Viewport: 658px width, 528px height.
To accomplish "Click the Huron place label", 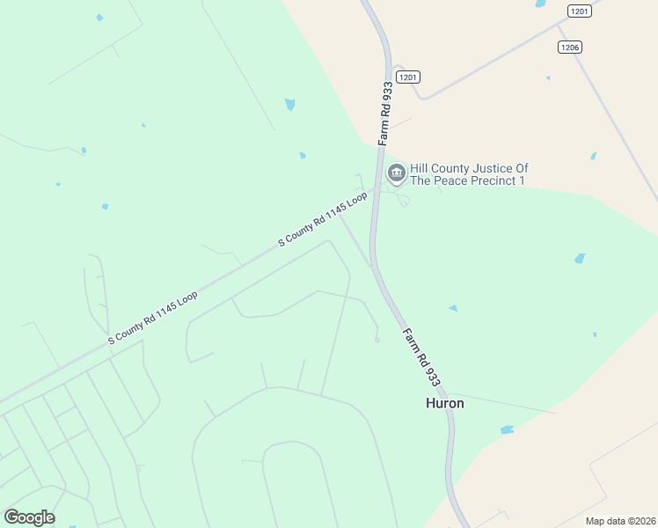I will [x=444, y=403].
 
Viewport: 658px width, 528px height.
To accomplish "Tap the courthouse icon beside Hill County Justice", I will [x=397, y=173].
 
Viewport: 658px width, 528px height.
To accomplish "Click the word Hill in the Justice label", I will [x=419, y=168].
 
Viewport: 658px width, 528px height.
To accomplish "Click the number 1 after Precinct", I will [x=522, y=181].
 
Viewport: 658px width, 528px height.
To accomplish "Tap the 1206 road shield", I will [x=569, y=47].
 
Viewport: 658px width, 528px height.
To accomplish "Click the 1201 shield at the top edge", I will [x=579, y=11].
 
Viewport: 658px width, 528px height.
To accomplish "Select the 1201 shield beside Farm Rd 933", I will [x=408, y=77].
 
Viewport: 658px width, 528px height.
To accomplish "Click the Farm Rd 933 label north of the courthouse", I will [x=385, y=114].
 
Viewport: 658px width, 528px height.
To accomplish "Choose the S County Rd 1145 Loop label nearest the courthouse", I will [x=322, y=219].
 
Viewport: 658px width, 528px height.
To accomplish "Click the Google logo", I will [x=29, y=517].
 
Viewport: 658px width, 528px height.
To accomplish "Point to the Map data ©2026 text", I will [x=619, y=521].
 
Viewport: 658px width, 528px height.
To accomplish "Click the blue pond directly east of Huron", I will [x=507, y=430].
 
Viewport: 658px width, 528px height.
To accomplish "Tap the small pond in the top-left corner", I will [x=99, y=18].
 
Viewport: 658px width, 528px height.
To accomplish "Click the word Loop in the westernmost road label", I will [x=186, y=297].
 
